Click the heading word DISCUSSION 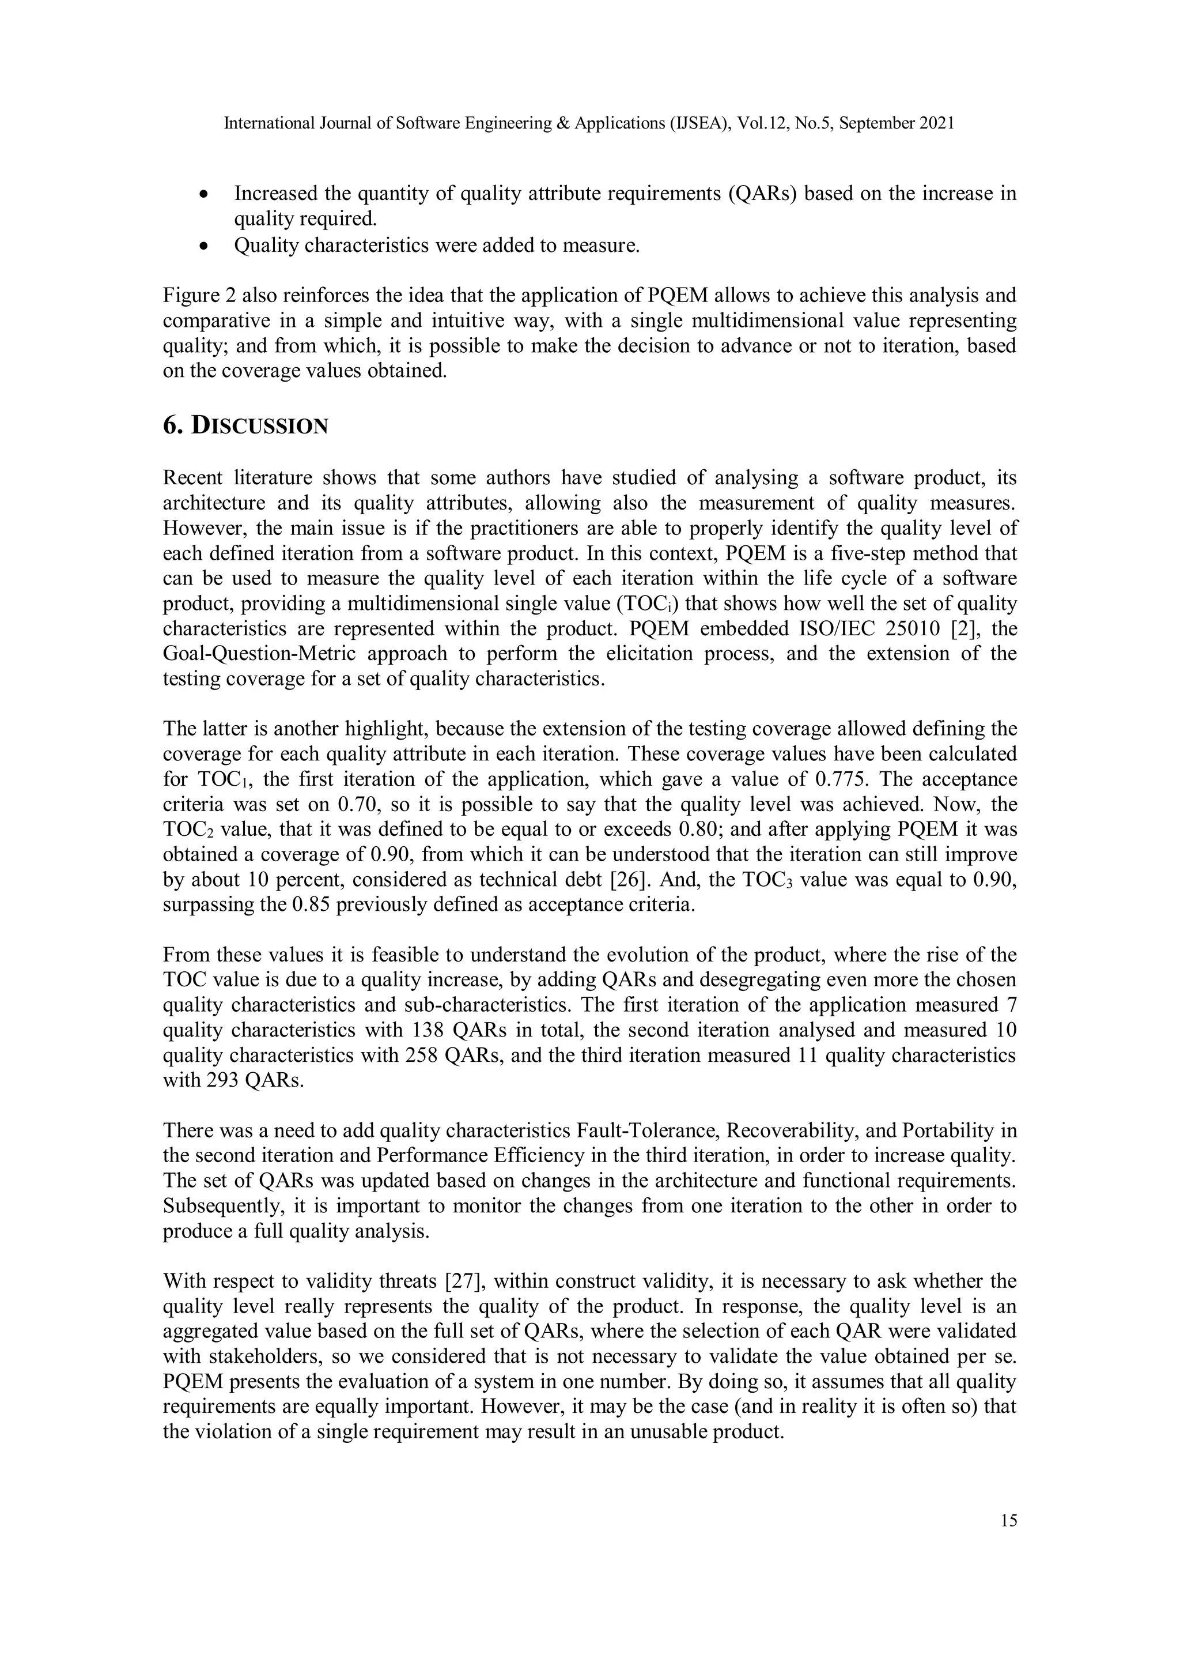click(259, 425)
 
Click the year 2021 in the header click(936, 123)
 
